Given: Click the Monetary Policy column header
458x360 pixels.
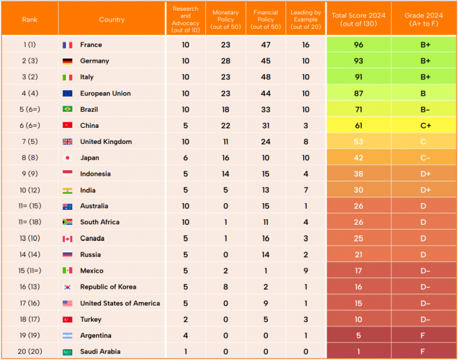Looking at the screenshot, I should (226, 19).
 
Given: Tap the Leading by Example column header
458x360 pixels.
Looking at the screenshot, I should (306, 19).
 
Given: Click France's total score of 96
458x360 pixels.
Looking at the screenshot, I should (358, 45).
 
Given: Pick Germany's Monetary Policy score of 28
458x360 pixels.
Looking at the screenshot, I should (226, 61).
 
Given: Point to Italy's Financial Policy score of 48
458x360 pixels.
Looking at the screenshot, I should (266, 77).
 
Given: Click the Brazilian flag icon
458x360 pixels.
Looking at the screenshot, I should (67, 110).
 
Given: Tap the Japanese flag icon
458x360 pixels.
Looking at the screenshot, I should (67, 158).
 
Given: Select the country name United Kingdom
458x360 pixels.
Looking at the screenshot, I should (106, 142).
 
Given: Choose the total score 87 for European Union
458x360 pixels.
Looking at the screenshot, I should (358, 94).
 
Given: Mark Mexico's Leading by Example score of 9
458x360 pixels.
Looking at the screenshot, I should (306, 271).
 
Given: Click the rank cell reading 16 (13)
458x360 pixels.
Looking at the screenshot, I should (29, 287).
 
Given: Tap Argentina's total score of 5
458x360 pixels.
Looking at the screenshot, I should (358, 336).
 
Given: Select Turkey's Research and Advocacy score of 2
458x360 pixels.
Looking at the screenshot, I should (185, 320).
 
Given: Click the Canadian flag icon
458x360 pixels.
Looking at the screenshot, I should (67, 239).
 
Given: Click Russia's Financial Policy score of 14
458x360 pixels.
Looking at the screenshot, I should (266, 255).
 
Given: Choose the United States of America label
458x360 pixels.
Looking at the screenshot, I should (120, 303).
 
